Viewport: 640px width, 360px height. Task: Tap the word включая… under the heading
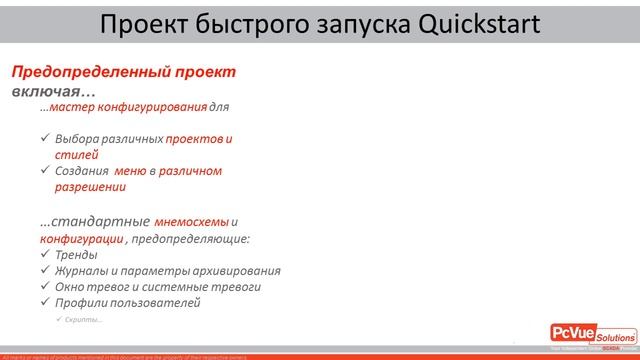[x=46, y=91]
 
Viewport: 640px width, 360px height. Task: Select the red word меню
[x=131, y=171]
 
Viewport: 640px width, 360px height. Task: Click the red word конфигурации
[x=81, y=240]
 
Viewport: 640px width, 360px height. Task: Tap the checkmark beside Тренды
[x=45, y=255]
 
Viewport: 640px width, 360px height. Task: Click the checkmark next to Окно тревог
[x=45, y=286]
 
